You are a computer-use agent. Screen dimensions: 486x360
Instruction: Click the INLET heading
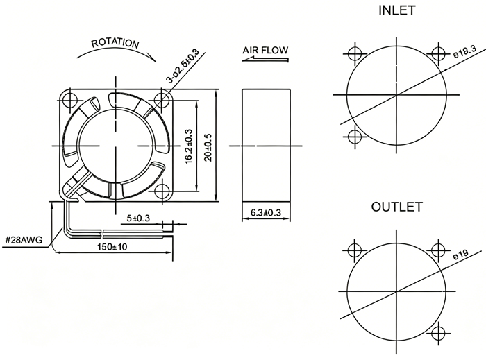point(396,10)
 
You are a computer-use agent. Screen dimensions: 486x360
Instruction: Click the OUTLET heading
point(396,207)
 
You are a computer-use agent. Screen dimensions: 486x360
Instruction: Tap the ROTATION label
point(115,43)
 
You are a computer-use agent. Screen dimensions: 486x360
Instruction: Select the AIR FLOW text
point(265,50)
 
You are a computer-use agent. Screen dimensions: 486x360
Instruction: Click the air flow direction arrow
point(265,59)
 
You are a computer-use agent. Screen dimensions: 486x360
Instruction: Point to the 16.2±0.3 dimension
point(188,146)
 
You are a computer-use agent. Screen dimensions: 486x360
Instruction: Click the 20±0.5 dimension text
point(208,147)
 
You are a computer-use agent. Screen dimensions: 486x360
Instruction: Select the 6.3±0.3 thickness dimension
point(266,213)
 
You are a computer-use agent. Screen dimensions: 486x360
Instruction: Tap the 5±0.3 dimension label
point(138,218)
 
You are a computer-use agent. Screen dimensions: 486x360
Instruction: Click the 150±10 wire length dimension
point(112,247)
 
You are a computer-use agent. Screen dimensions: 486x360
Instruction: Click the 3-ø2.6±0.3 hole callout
point(183,66)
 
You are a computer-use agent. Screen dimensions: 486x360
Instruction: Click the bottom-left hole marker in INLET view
point(354,136)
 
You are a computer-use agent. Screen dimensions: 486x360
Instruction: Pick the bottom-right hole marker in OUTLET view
point(439,333)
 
